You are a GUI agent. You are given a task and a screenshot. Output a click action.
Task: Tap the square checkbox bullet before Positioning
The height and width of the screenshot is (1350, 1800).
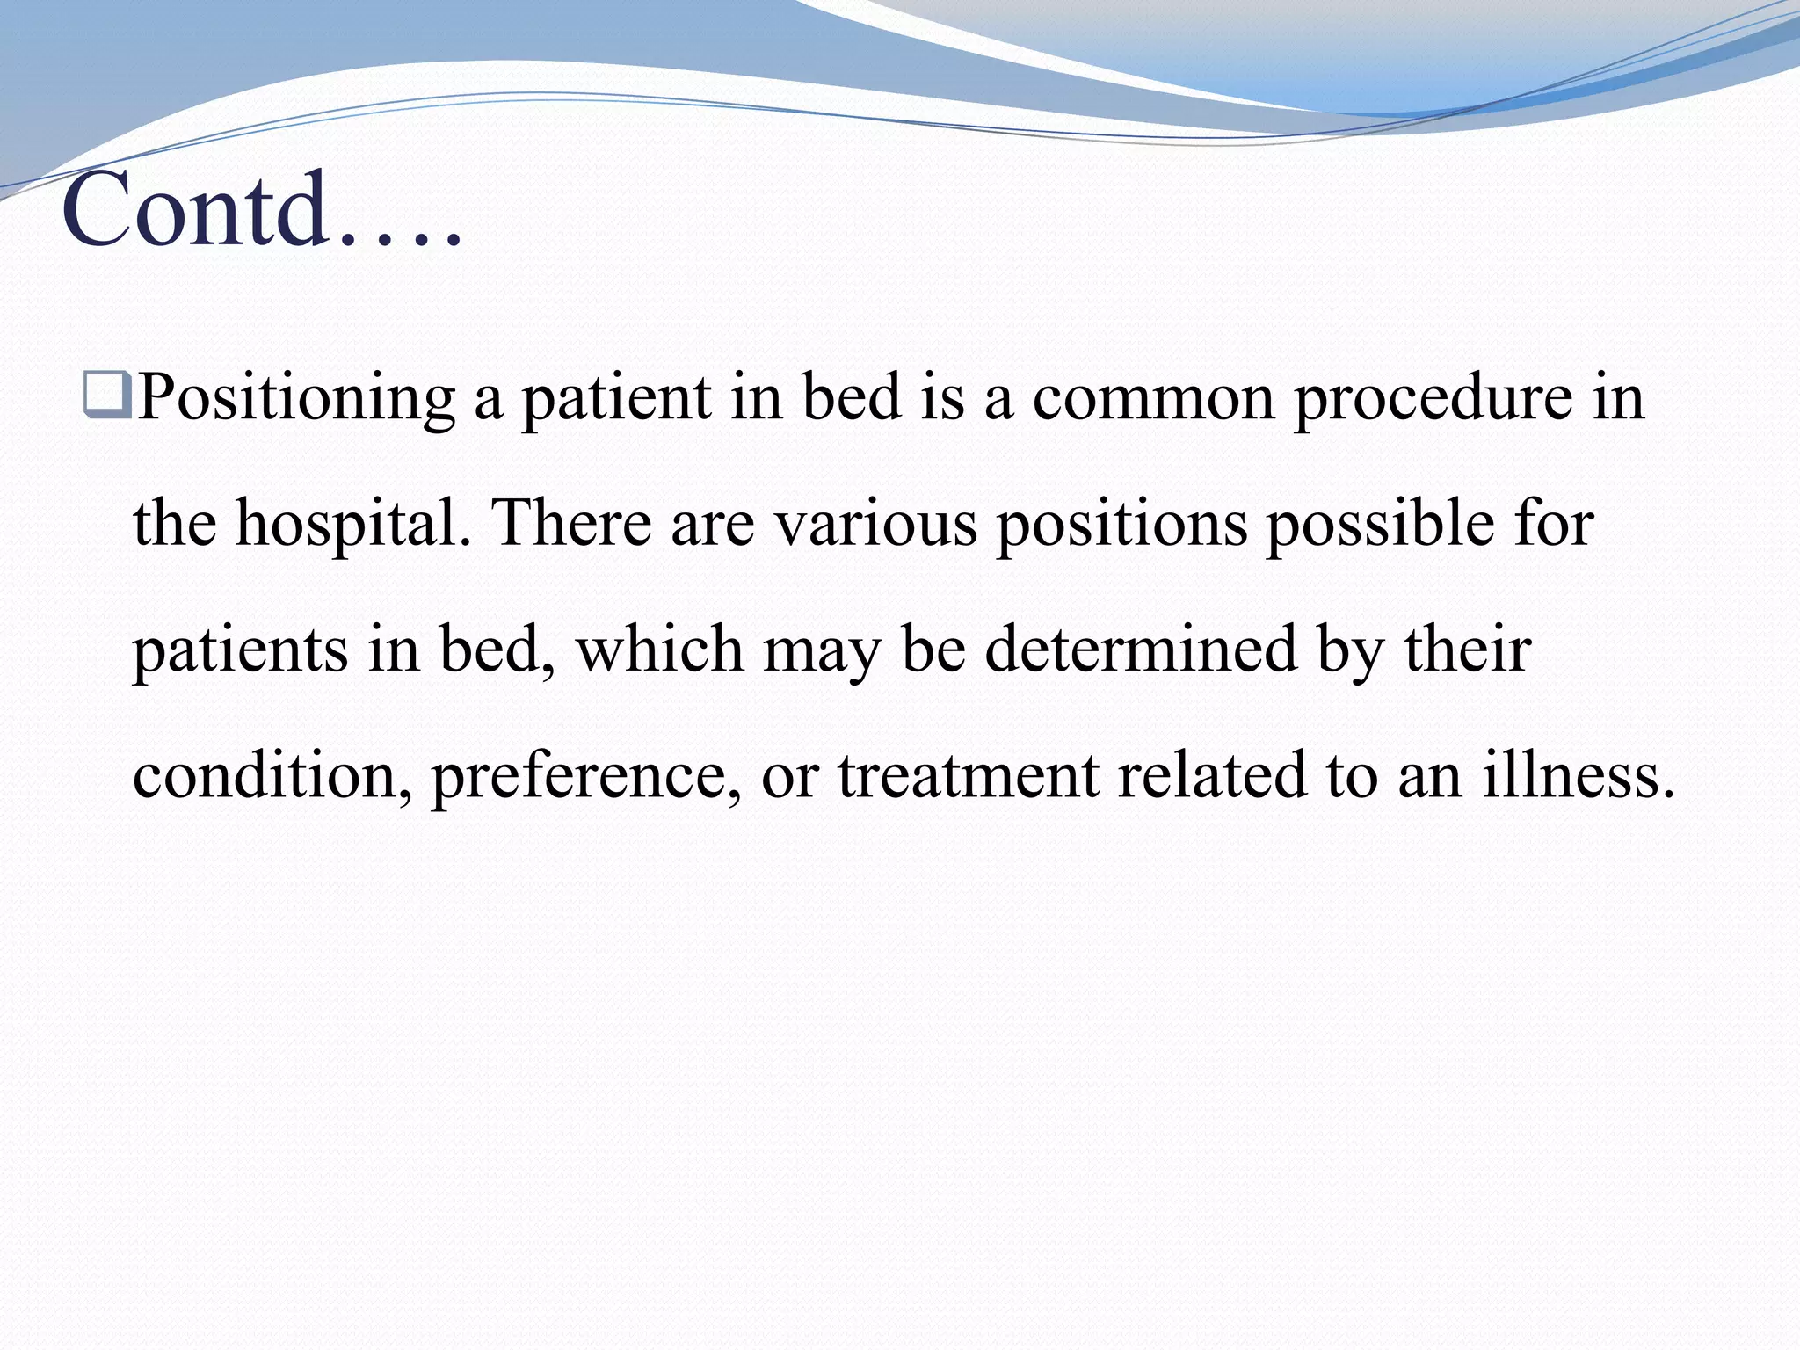[108, 395]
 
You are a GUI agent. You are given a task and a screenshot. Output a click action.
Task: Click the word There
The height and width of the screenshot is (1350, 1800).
[571, 523]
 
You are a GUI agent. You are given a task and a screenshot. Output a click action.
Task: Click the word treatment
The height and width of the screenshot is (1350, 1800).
[968, 775]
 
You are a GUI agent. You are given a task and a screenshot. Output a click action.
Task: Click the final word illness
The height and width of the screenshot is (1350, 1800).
[1578, 775]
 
